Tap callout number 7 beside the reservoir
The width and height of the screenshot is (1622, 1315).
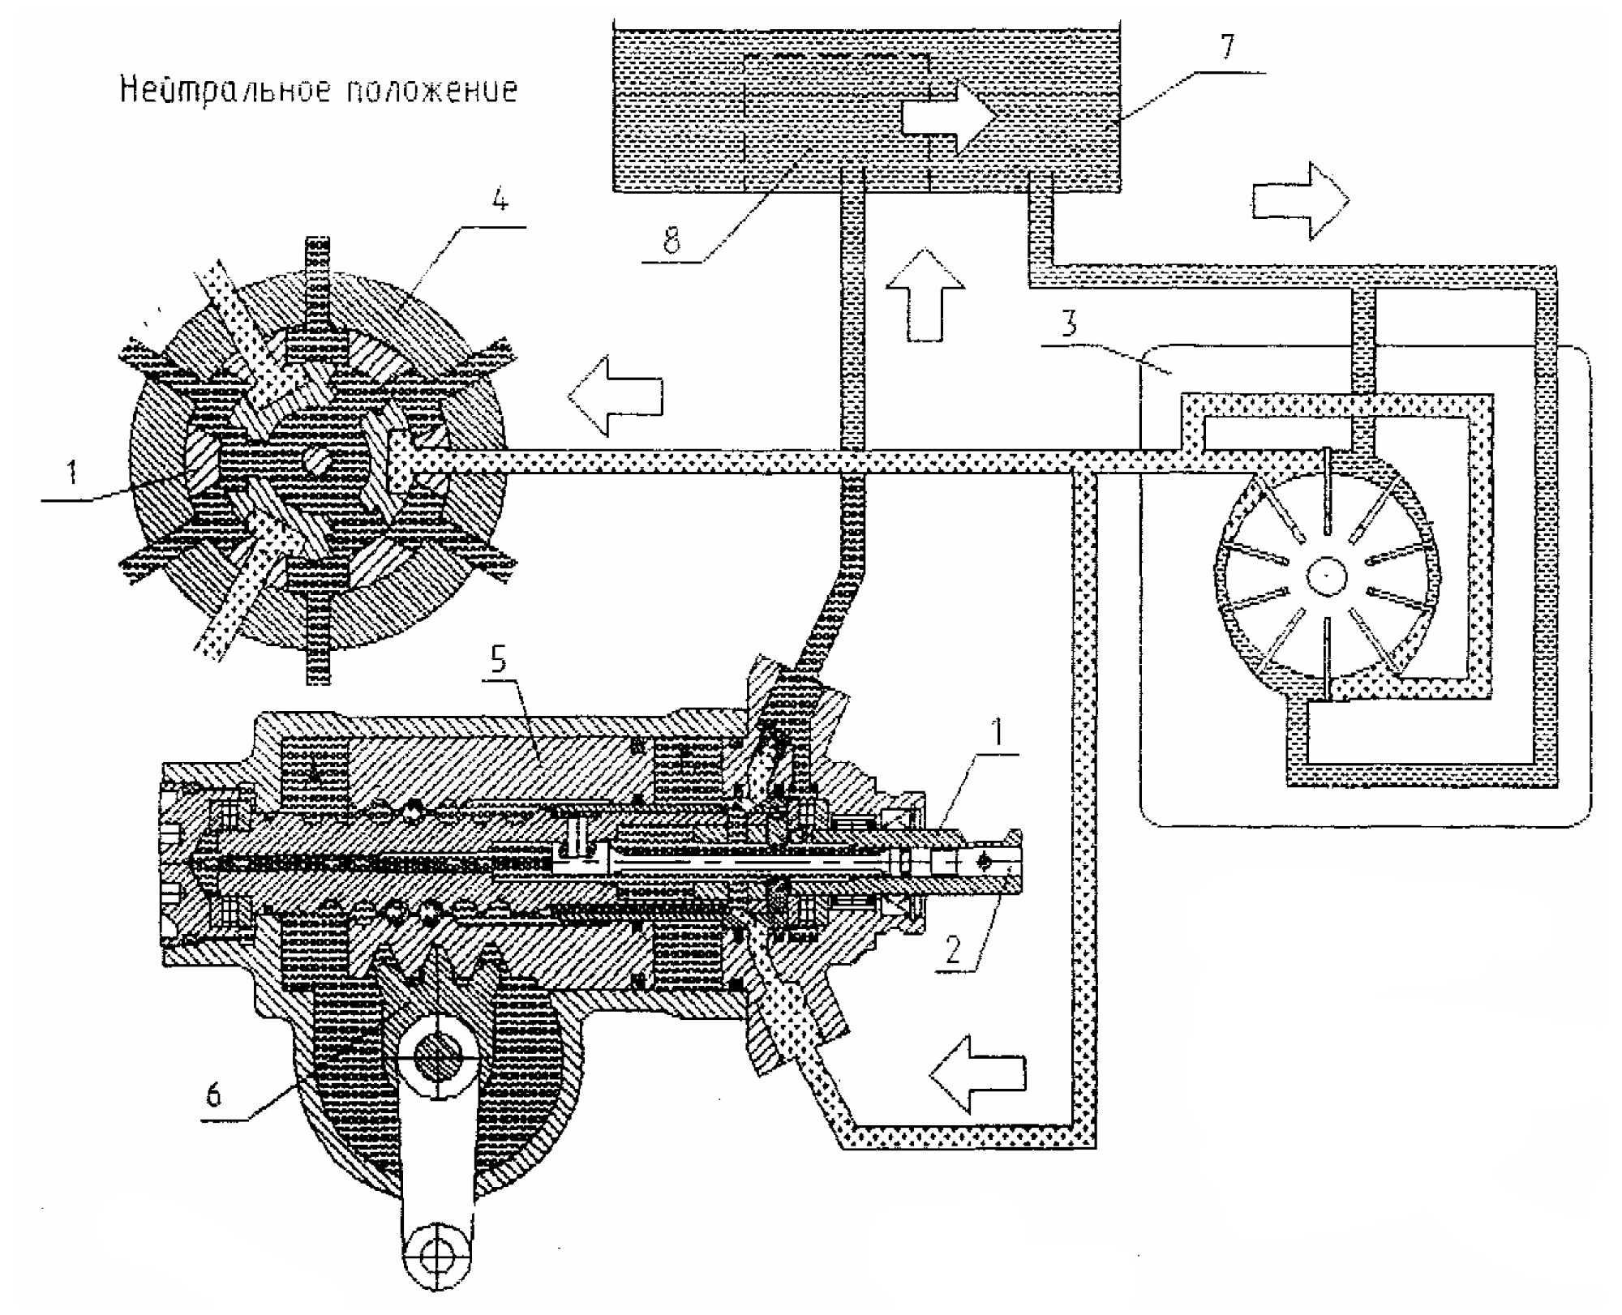pyautogui.click(x=1227, y=46)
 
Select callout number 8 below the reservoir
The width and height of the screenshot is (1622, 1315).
pyautogui.click(x=672, y=241)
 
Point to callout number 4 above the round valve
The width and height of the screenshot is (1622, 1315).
pyautogui.click(x=500, y=199)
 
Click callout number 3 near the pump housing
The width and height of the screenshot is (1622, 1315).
pyautogui.click(x=1069, y=323)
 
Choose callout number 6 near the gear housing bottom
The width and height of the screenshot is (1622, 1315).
pyautogui.click(x=213, y=1094)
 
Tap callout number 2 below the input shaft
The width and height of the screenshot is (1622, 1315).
pyautogui.click(x=952, y=949)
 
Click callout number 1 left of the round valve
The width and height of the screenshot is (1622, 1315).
pyautogui.click(x=72, y=472)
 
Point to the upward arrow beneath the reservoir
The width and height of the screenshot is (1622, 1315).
pyautogui.click(x=925, y=293)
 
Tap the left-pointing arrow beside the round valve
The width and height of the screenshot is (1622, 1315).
pyautogui.click(x=615, y=396)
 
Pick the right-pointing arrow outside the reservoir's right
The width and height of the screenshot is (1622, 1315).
pyautogui.click(x=1301, y=199)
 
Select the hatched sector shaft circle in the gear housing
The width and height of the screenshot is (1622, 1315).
pyautogui.click(x=437, y=1058)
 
